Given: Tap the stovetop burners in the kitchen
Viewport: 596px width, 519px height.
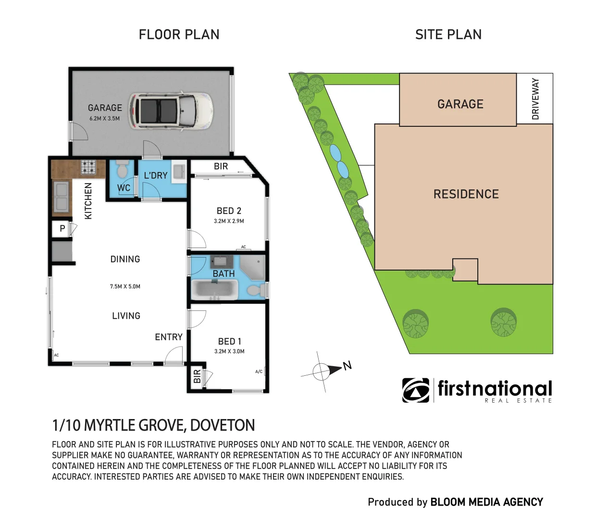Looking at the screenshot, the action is (88, 167).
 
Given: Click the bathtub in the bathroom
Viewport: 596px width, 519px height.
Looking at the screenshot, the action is (214, 289).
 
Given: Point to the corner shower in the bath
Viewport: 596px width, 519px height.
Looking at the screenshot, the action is (252, 267).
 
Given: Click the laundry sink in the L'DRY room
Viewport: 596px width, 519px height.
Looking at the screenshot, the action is (179, 171).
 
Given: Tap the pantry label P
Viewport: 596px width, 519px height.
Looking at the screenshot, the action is (62, 228).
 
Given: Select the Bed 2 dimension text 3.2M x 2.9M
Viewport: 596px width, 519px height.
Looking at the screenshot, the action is (229, 221).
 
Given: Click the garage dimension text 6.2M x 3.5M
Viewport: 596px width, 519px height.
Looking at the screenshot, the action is (105, 119).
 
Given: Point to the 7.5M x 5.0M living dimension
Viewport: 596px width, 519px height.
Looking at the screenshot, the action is (125, 286).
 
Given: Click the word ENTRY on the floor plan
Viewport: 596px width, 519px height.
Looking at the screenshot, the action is (169, 337).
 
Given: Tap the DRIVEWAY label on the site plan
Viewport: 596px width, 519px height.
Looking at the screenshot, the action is (535, 99).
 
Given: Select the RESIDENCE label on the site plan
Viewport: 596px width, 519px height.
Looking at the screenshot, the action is (466, 194).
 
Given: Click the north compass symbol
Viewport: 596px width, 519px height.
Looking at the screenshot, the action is (326, 371).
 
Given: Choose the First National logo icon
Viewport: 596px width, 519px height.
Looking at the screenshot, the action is (416, 390).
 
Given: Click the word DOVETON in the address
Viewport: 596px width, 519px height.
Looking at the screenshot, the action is (223, 425).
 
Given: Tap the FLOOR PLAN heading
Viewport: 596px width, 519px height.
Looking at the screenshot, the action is (179, 35).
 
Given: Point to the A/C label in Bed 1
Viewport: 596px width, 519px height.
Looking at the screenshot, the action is (259, 371).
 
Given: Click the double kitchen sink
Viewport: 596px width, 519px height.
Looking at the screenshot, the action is (62, 196).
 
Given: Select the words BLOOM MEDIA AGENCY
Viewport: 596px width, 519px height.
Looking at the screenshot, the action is (487, 502).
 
